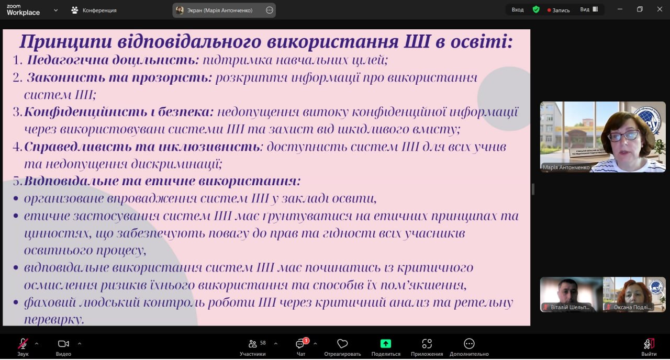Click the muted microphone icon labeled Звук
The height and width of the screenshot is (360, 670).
pyautogui.click(x=23, y=344)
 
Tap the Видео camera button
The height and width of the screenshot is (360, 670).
pyautogui.click(x=63, y=344)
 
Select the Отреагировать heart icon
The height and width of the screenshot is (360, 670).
pyautogui.click(x=342, y=344)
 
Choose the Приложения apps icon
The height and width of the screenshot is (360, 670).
pyautogui.click(x=427, y=344)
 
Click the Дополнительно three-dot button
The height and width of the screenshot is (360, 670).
pyautogui.click(x=469, y=344)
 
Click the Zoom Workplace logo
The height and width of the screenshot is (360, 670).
pyautogui.click(x=23, y=10)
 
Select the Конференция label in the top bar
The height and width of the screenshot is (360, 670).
pyautogui.click(x=99, y=10)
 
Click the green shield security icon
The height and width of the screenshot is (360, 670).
pyautogui.click(x=536, y=9)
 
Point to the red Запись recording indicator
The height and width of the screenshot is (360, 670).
pyautogui.click(x=559, y=10)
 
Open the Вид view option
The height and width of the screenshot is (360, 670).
pyautogui.click(x=589, y=9)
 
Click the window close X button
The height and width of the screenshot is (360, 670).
pyautogui.click(x=660, y=9)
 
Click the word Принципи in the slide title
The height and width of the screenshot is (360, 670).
pyautogui.click(x=65, y=42)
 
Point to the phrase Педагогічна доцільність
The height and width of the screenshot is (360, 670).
pyautogui.click(x=113, y=60)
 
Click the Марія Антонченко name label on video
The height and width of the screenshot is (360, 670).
pyautogui.click(x=566, y=167)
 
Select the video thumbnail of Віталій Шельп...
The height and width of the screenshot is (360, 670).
pyautogui.click(x=571, y=295)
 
